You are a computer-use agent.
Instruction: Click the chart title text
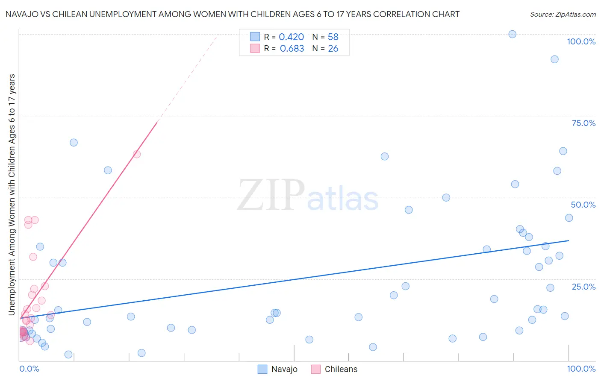(x=233, y=14)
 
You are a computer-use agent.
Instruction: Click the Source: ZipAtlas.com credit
(x=563, y=14)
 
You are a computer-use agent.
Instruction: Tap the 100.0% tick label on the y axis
(x=581, y=41)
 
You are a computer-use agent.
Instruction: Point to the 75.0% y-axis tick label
(x=583, y=123)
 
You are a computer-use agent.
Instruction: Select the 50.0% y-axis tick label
(x=583, y=205)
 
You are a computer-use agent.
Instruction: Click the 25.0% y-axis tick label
(x=583, y=287)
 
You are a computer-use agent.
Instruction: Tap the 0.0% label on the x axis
(x=29, y=369)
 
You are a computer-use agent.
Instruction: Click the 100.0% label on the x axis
(x=581, y=369)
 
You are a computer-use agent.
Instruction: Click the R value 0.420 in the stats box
(x=291, y=37)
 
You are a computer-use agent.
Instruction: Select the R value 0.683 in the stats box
(x=292, y=49)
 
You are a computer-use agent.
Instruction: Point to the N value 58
(x=333, y=37)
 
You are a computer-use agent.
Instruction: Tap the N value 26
(x=333, y=49)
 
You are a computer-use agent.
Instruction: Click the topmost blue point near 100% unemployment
(x=512, y=34)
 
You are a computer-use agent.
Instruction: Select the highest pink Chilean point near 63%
(x=137, y=154)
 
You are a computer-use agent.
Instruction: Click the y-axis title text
(x=12, y=195)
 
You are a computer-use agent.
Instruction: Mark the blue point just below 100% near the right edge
(x=554, y=59)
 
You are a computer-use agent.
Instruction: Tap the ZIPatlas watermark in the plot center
(x=308, y=196)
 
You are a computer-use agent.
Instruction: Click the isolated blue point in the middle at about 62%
(x=385, y=156)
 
